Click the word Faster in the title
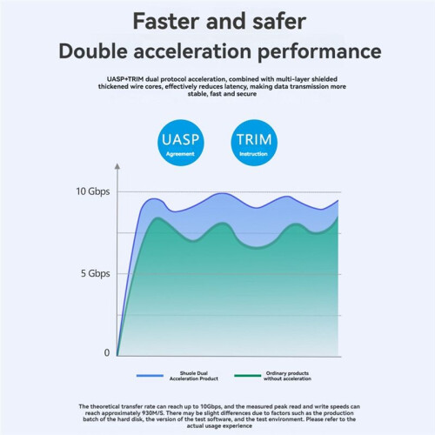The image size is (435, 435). click(x=166, y=21)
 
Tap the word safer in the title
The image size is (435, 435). click(x=279, y=21)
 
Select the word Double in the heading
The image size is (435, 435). click(x=93, y=50)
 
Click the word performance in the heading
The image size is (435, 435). click(x=319, y=52)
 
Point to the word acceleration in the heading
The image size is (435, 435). click(x=192, y=50)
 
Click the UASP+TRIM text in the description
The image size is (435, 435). click(x=125, y=79)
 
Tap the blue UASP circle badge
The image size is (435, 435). click(x=181, y=143)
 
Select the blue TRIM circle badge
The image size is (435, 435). click(x=254, y=143)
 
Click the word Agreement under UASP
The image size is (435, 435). click(x=180, y=154)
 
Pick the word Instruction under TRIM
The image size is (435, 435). click(x=253, y=154)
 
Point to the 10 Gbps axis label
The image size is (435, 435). click(x=93, y=191)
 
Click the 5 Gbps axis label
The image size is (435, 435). click(x=96, y=273)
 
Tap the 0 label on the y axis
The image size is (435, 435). click(x=107, y=352)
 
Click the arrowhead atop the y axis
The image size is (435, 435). click(x=117, y=166)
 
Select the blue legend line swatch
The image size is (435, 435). click(x=150, y=376)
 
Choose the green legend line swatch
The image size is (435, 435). click(x=248, y=376)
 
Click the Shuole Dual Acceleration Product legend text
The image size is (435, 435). click(x=194, y=376)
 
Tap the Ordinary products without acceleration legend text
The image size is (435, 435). click(x=287, y=376)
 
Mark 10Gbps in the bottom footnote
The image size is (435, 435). click(x=211, y=406)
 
